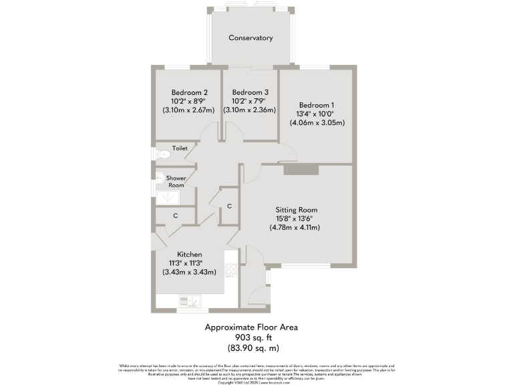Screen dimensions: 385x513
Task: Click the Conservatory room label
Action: coord(250,38)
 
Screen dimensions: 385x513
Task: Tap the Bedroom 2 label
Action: coord(189,92)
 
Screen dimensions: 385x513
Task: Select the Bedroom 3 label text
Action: coord(250,92)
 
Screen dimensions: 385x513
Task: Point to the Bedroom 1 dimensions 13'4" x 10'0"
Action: coord(317,114)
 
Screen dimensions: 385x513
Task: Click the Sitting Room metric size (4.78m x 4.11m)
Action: coord(295,227)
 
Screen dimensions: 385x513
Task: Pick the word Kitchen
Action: coord(189,254)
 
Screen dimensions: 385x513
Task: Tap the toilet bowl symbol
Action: coord(162,154)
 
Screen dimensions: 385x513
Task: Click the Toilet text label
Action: coord(180,148)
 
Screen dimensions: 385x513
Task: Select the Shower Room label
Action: coord(176,182)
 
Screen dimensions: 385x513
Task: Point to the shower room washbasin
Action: coord(160,177)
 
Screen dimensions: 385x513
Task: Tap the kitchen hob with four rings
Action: coord(232,270)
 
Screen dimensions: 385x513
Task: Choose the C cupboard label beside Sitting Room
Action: coord(229,206)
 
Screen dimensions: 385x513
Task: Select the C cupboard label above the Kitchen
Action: coord(175,216)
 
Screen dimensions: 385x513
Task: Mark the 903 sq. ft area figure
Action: coord(250,338)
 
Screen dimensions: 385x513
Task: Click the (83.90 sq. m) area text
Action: coord(250,348)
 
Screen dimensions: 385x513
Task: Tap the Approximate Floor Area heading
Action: coord(250,328)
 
